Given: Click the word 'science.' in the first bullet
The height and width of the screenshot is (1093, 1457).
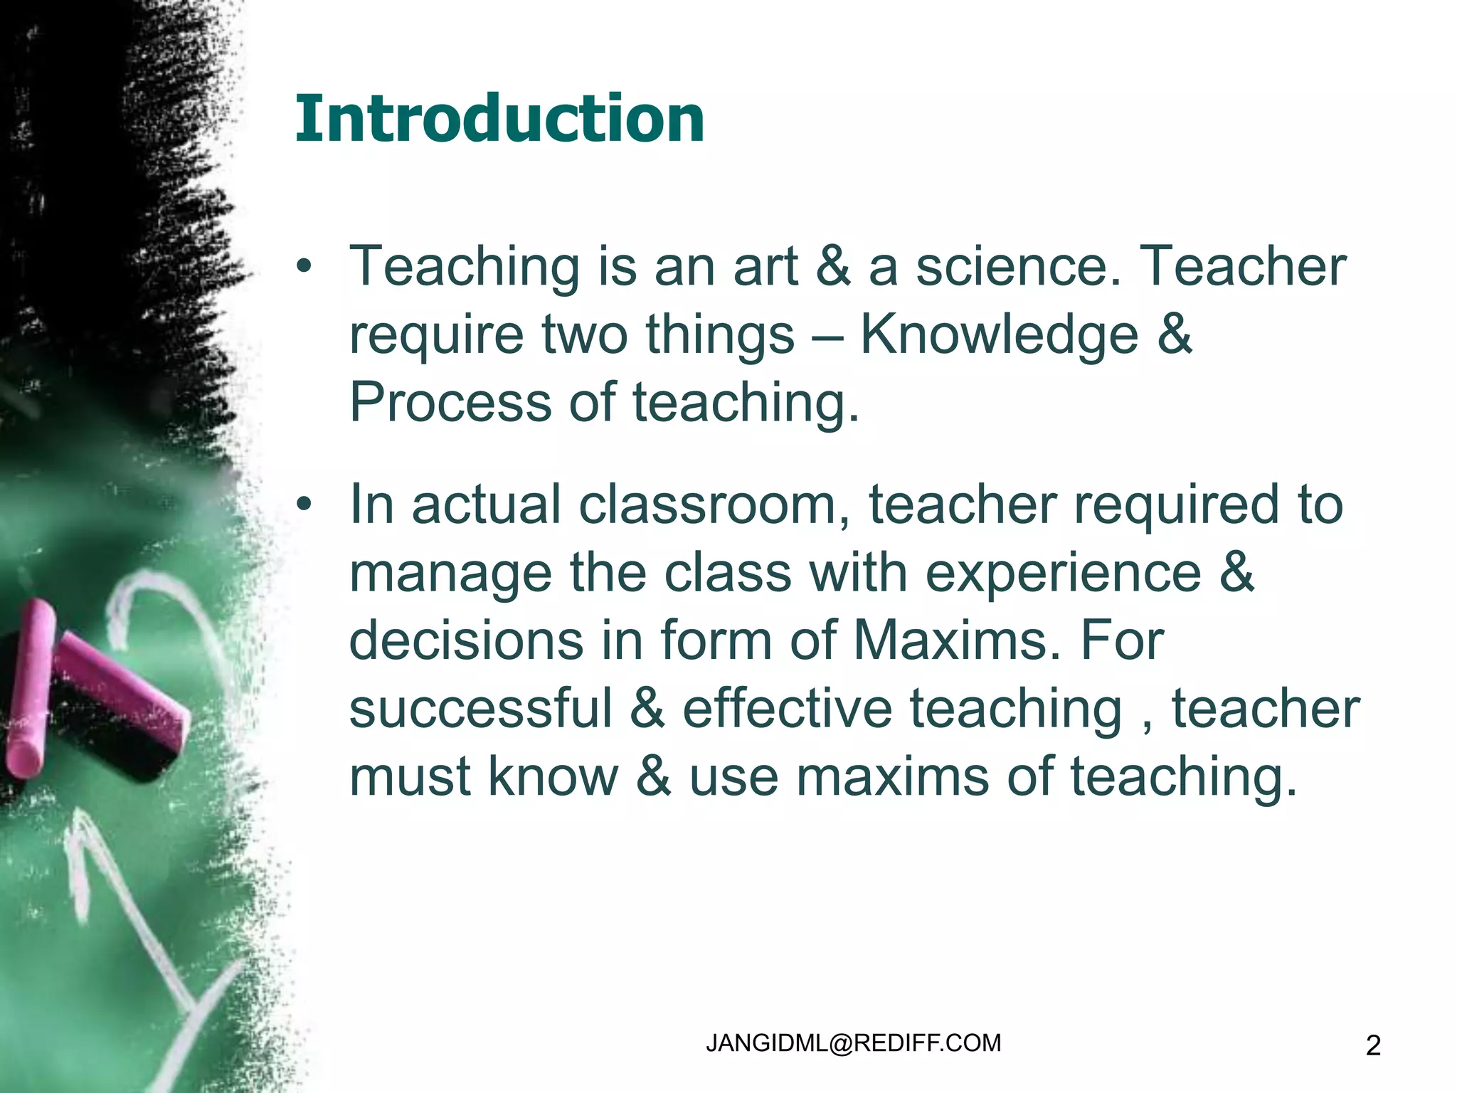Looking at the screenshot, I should (x=1018, y=266).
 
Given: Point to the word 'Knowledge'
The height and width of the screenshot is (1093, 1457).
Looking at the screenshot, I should (x=1000, y=334).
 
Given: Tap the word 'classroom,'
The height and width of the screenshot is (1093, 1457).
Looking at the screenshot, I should (x=714, y=504).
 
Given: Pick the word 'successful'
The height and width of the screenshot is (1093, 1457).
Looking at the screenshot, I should (x=480, y=709).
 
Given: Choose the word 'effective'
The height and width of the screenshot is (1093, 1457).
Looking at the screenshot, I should (x=787, y=709).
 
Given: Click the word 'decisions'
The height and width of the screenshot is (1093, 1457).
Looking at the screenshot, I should (x=466, y=640).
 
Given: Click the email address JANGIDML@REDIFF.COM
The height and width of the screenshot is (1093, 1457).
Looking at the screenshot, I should (x=853, y=1043).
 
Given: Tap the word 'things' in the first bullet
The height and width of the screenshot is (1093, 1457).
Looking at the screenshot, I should (x=719, y=334).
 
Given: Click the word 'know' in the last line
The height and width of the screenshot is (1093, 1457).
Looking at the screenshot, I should (x=553, y=776).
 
